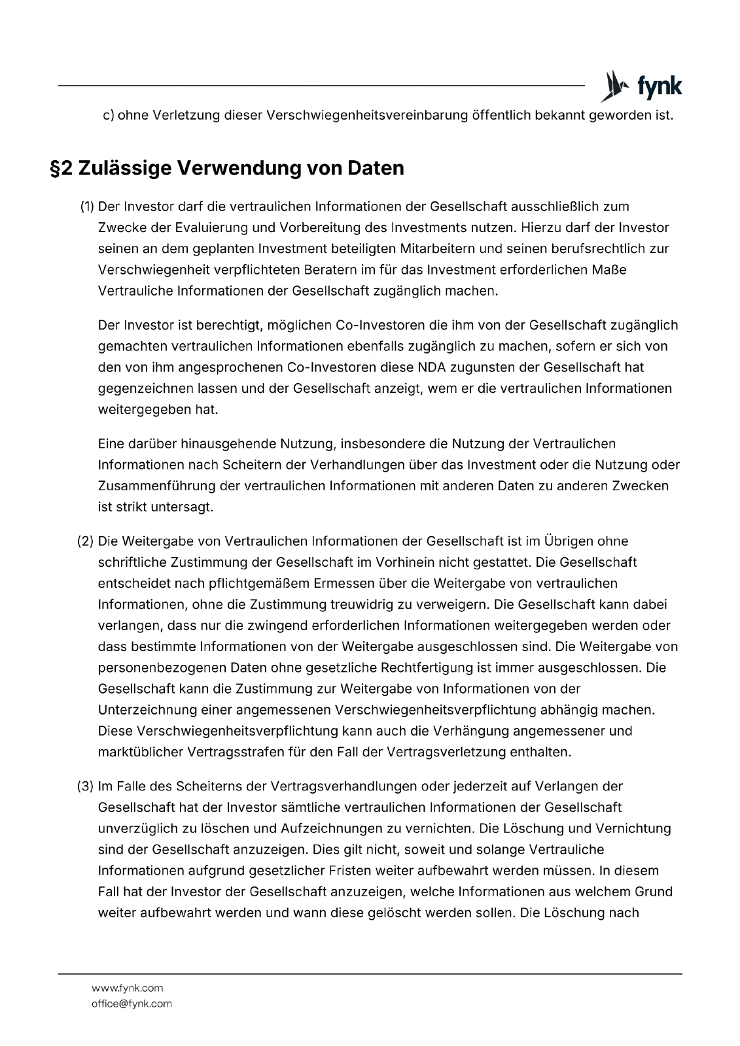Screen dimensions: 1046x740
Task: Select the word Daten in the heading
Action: coord(375,169)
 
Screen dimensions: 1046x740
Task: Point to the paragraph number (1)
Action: coord(87,207)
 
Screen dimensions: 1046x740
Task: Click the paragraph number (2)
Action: coord(86,541)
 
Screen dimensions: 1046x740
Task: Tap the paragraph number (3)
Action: coord(86,786)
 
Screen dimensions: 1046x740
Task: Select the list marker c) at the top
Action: coord(109,116)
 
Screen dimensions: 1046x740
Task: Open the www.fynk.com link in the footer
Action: coord(127,988)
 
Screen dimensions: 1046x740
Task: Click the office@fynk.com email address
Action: coord(132,1004)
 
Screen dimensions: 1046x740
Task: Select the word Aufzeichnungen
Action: coord(330,828)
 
